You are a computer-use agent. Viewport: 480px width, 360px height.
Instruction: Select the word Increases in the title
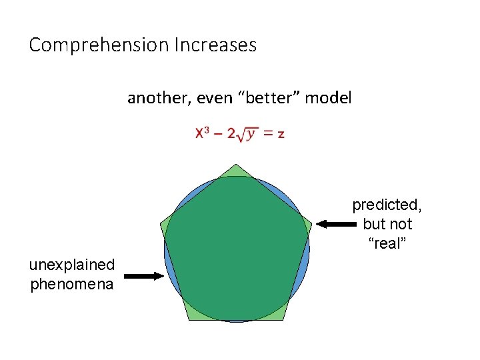tap(215, 45)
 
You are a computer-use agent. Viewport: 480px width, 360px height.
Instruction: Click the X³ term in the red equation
tap(203, 133)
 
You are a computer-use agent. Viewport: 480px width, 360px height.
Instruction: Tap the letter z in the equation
tap(281, 134)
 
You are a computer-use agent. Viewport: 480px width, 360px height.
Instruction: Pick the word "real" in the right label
tap(387, 243)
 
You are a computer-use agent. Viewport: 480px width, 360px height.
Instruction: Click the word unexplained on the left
tap(72, 265)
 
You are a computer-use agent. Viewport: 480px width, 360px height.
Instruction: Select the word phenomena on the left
tap(72, 285)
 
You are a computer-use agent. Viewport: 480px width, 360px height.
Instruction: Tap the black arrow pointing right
tap(143, 275)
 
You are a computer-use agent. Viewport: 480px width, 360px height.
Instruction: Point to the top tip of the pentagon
tap(237, 165)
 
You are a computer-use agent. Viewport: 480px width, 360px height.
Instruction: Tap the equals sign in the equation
tap(267, 134)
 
